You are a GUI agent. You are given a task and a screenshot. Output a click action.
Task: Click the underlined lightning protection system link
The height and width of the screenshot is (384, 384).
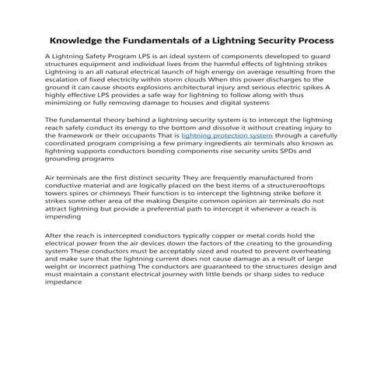[227, 134]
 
